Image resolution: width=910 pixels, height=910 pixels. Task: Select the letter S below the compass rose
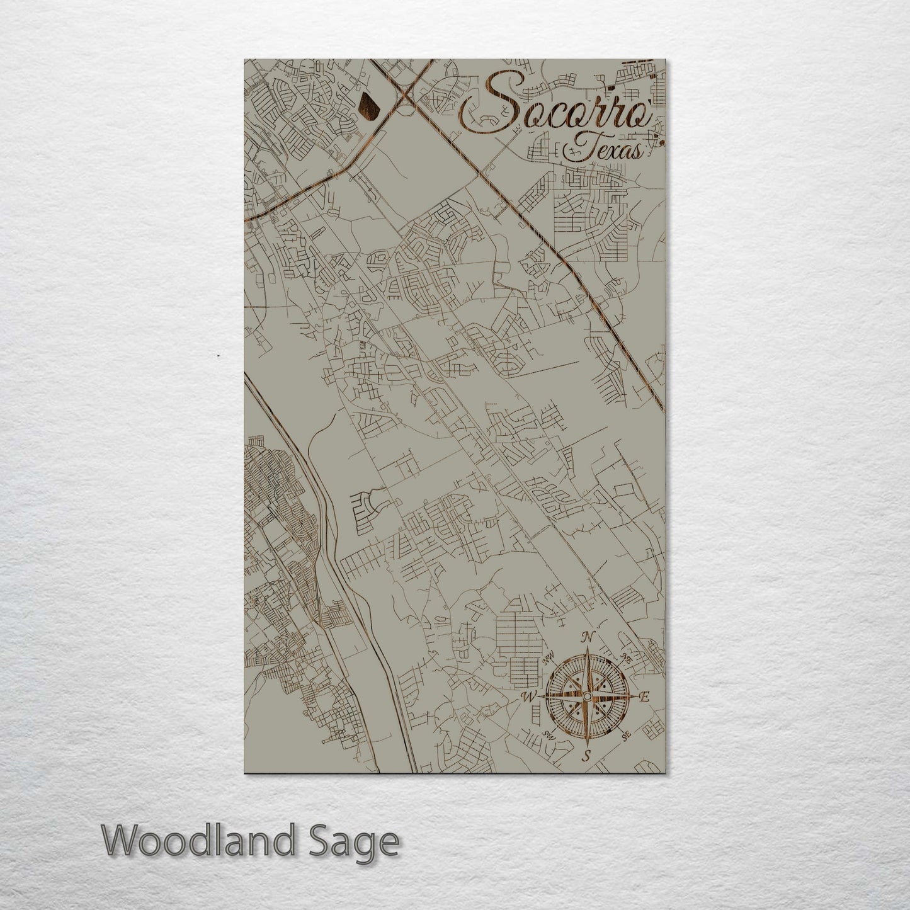tap(586, 756)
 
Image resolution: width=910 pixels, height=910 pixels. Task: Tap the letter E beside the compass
tap(644, 697)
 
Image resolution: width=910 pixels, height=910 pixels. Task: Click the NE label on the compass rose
tap(627, 657)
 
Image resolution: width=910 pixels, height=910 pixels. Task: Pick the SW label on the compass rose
tap(548, 736)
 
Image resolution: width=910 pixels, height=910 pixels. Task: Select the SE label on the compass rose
tap(625, 736)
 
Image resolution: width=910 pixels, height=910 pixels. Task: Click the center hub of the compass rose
tap(587, 697)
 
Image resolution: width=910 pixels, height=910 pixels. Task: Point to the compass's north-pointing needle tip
tap(588, 649)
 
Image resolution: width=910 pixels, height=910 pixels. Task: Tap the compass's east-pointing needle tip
tap(634, 697)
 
